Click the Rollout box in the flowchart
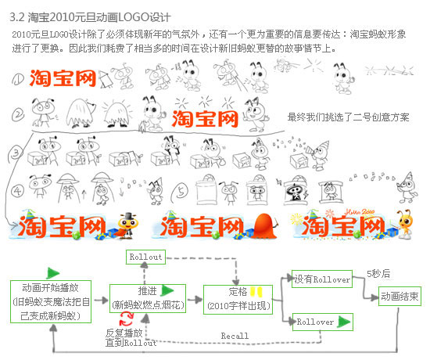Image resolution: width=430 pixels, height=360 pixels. coord(145,257)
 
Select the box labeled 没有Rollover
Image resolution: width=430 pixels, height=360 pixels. coord(322,279)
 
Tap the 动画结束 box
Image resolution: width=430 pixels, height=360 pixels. coord(400,296)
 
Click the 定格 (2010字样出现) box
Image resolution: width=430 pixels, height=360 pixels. coord(238,300)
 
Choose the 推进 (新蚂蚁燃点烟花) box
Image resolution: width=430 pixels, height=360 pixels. coord(148,298)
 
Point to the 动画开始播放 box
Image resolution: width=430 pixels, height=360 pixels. coord(51,301)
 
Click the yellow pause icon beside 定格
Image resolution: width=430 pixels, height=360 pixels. coord(256,292)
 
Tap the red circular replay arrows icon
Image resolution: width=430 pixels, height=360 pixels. coord(126,319)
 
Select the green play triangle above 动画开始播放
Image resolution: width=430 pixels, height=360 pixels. coord(53,273)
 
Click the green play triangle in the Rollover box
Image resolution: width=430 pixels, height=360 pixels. coord(345,322)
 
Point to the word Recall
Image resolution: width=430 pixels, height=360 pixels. coord(235,336)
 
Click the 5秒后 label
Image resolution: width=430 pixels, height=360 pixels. coord(378,273)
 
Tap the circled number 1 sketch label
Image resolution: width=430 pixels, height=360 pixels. coord(18,79)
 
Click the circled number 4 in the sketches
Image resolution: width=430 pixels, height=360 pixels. coord(18,190)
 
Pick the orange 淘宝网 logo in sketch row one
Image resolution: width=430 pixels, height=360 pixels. coord(63,78)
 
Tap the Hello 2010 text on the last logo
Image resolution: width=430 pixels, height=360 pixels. coord(360,212)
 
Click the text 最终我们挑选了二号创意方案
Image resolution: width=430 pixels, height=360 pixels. coord(348,117)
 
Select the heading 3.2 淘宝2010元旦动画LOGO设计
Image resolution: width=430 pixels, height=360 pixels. coord(90,17)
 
